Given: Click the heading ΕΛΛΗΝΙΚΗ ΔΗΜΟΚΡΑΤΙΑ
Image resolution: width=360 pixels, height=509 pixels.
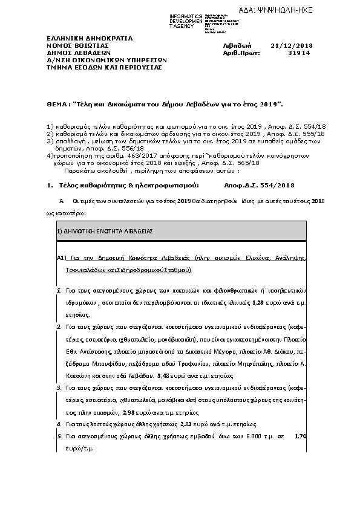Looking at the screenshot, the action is pyautogui.click(x=85, y=37).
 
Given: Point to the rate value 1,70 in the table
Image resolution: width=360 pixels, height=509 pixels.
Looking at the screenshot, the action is pyautogui.click(x=300, y=436).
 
